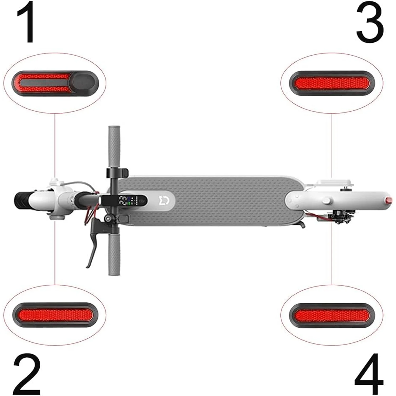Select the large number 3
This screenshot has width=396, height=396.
[370, 23]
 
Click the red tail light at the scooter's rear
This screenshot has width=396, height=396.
[388, 200]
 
